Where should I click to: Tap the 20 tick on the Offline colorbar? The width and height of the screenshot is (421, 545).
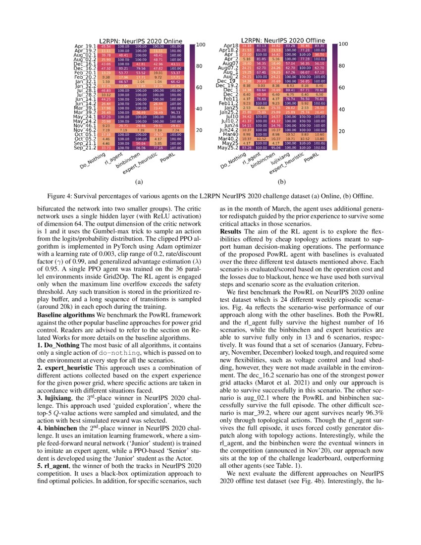pos(341,131)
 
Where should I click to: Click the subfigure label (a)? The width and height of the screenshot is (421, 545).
pos(139,182)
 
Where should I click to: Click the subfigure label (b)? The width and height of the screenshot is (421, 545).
pos(281,182)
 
